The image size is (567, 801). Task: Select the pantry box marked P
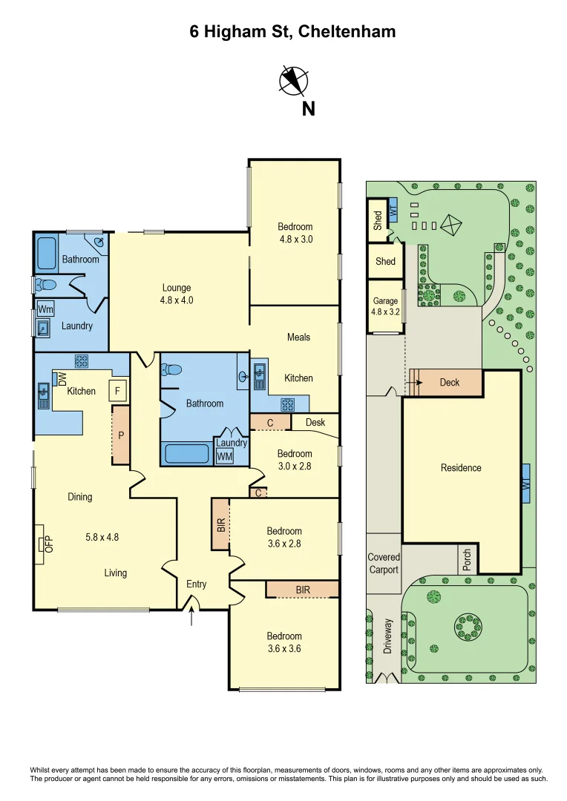coord(121,435)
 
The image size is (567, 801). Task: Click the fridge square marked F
coord(117,390)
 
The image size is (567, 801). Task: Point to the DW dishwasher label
coord(62,378)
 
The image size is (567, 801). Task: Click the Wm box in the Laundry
coord(45,309)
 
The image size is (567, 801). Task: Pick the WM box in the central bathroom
coord(224,457)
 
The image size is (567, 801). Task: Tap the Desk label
coord(315,423)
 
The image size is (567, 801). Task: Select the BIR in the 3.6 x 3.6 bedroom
coord(303,589)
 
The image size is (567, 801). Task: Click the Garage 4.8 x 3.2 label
coord(386,306)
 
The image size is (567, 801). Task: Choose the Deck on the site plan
coord(450,383)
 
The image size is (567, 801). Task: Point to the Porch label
coord(467,560)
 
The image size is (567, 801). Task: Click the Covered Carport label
coord(384,563)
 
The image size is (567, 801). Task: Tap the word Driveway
coord(387,636)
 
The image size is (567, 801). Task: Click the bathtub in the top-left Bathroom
coord(47,254)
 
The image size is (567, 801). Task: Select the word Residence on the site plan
coord(461,468)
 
